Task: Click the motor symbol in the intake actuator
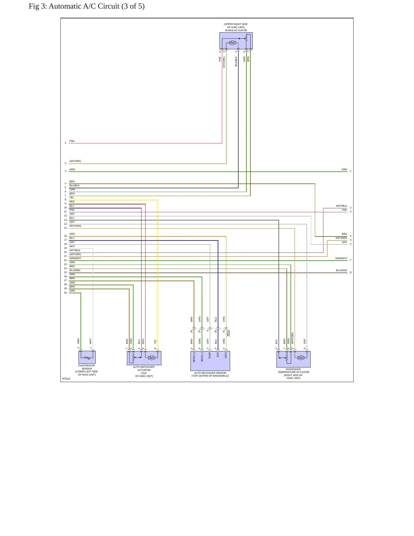(232, 43)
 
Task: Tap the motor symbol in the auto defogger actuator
(151, 358)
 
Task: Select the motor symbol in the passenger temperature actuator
(301, 358)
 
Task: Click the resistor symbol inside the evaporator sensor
(87, 358)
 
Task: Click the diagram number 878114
(66, 379)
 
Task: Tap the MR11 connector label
(228, 333)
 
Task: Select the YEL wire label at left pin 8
(72, 197)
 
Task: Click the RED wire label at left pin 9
(72, 202)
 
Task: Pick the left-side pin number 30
(65, 293)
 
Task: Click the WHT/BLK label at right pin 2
(342, 206)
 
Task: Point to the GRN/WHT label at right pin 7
(341, 258)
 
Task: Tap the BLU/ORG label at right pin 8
(342, 270)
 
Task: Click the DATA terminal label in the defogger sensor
(226, 355)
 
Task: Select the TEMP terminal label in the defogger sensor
(210, 355)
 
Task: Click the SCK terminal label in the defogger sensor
(218, 355)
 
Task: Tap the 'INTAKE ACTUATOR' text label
(236, 30)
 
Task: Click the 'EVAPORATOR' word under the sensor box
(87, 365)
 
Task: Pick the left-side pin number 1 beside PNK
(65, 143)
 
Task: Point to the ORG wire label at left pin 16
(72, 234)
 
